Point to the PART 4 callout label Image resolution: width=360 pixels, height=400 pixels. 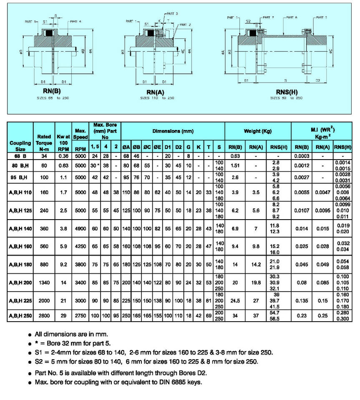(76, 21)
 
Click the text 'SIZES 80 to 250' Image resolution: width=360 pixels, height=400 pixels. (286, 98)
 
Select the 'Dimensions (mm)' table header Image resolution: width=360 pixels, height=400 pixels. (173, 131)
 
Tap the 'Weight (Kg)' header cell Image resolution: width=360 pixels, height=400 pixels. (258, 131)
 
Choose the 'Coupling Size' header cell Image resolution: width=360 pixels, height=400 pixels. (20, 145)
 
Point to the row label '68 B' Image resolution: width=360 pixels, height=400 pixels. (20, 155)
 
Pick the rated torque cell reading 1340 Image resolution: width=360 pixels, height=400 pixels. (44, 283)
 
